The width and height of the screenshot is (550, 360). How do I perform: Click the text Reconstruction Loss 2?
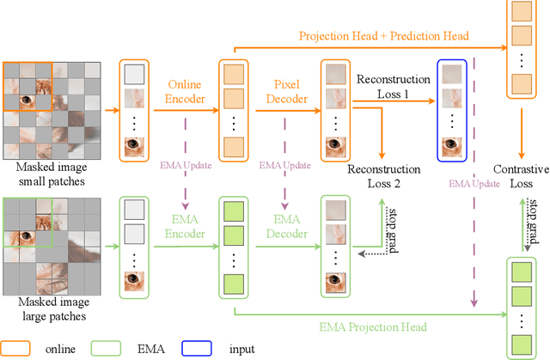click(384, 177)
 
